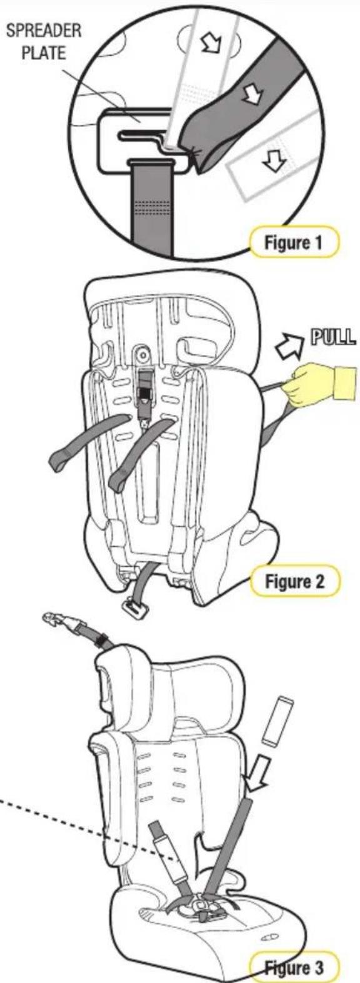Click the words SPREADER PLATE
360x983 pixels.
44,42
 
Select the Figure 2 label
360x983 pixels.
294,581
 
